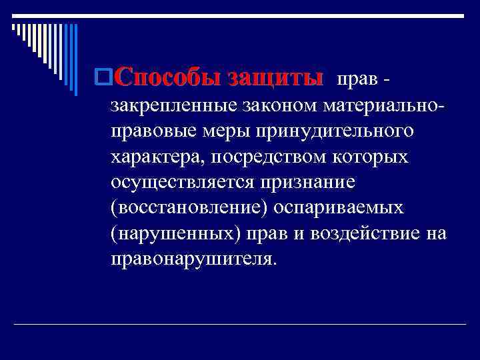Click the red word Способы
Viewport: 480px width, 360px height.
pos(168,79)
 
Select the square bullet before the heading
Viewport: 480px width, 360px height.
pos(103,79)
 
